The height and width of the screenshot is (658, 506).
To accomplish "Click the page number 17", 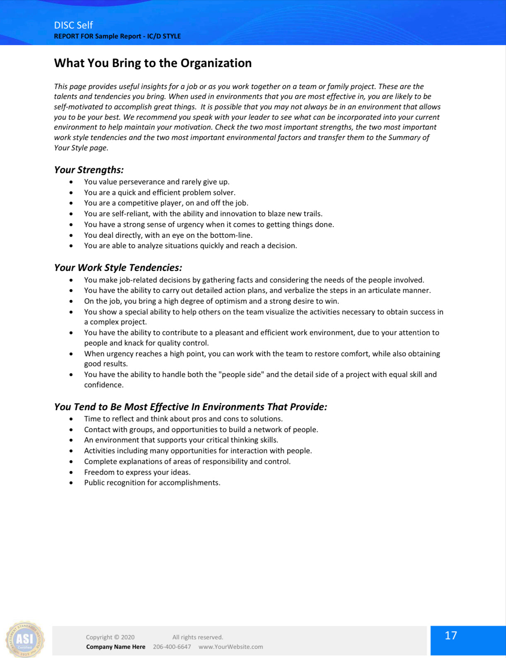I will [451, 636].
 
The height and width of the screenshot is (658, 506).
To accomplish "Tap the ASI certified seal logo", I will [24, 639].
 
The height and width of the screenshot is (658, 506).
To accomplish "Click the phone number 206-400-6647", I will [172, 647].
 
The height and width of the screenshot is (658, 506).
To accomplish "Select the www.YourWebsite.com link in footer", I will [230, 647].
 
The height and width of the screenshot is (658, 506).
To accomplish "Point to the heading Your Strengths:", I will [89, 170].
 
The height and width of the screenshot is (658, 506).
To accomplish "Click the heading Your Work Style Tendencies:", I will [118, 268].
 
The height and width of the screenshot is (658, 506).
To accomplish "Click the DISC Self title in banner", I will [73, 25].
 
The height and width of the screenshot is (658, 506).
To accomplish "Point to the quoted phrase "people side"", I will [241, 375].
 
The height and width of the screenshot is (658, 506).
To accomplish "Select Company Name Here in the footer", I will [116, 647].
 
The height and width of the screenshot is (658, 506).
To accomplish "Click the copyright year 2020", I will [128, 637].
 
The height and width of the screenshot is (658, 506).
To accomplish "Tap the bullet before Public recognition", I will [71, 483].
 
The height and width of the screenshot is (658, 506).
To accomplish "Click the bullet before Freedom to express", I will [71, 472].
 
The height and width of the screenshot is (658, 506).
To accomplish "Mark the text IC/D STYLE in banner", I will [164, 36].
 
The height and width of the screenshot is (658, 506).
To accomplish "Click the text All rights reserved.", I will [198, 637].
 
